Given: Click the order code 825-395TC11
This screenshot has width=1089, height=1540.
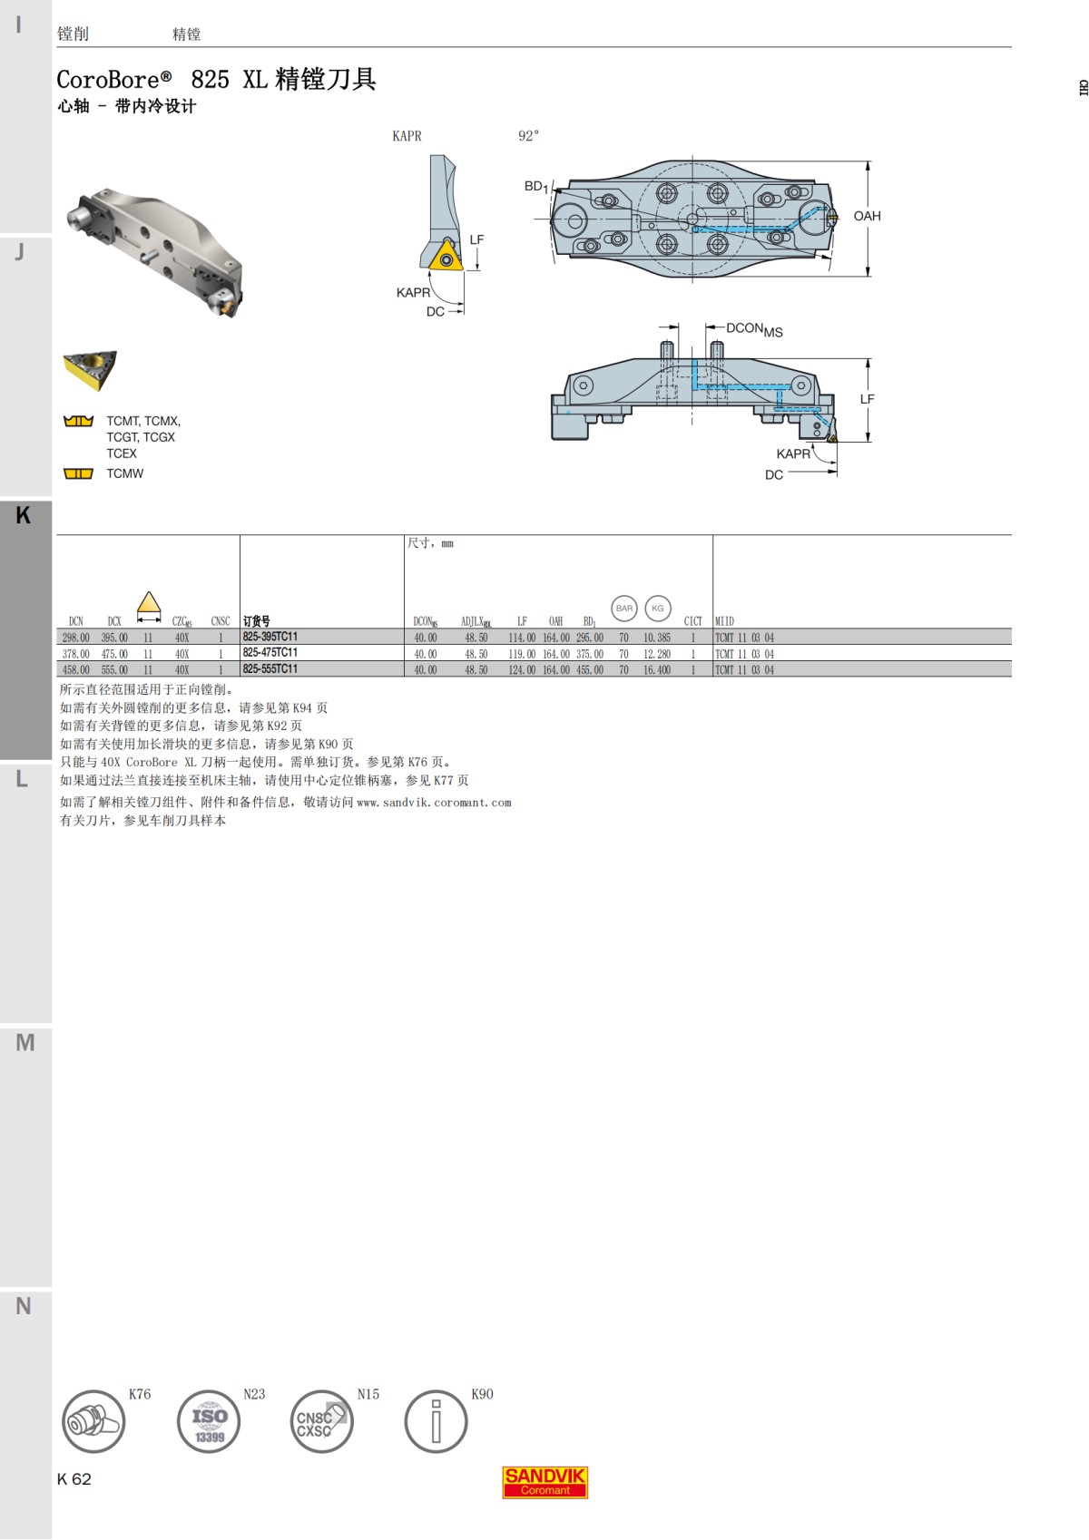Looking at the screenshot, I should (270, 637).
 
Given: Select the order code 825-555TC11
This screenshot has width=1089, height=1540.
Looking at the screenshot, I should (270, 669).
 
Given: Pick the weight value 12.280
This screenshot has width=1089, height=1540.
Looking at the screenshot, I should (656, 654).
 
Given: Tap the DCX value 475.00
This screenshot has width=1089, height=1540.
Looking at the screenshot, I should (114, 654).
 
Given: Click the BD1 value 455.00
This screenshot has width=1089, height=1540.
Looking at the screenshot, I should (589, 670).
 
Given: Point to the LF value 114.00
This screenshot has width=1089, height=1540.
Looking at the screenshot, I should (522, 638).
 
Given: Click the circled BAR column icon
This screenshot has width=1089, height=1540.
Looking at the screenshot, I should (624, 609).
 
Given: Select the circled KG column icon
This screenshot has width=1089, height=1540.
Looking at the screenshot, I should (658, 609).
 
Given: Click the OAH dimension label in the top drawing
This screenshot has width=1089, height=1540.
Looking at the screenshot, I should (867, 216).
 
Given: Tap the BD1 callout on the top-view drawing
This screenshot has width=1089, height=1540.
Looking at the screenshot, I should (535, 186).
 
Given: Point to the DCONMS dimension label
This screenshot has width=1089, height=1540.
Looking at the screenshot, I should (754, 329).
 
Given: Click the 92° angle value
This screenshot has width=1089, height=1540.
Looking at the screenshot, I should (528, 136).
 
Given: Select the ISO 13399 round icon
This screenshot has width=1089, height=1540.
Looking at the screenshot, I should (208, 1421).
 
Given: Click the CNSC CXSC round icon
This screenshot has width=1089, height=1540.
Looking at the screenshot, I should (321, 1421).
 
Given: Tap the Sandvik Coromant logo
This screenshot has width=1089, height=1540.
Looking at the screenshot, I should (545, 1482).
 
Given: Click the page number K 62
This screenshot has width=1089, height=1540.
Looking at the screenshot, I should (74, 1479).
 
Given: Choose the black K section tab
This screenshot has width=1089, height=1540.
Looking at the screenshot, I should (25, 515).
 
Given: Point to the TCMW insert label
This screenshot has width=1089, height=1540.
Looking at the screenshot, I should (124, 473).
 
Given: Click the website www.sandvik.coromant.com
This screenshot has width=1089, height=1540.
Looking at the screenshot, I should (434, 803).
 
